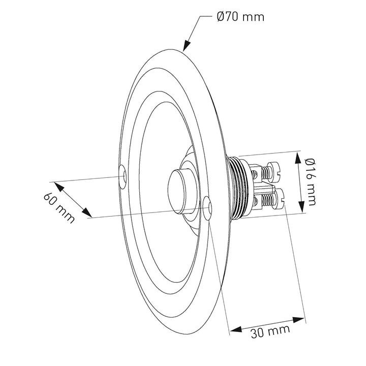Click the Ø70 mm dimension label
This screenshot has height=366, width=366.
pyautogui.click(x=240, y=17)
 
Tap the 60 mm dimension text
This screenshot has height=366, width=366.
pyautogui.click(x=59, y=208)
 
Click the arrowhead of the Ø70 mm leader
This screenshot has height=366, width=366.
pyautogui.click(x=186, y=46)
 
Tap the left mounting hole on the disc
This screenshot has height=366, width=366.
pyautogui.click(x=123, y=176)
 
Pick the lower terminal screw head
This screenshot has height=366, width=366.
pyautogui.click(x=280, y=200)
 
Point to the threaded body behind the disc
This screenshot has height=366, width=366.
pyautogui.click(x=238, y=187)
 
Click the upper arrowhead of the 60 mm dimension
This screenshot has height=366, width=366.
pyautogui.click(x=59, y=187)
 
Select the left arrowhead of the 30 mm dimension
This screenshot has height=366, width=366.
pyautogui.click(x=235, y=329)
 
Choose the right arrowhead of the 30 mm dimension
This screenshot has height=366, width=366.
pyautogui.click(x=298, y=320)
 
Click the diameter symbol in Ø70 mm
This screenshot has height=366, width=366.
pyautogui.click(x=221, y=17)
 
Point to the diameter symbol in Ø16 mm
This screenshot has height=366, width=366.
pyautogui.click(x=311, y=162)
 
